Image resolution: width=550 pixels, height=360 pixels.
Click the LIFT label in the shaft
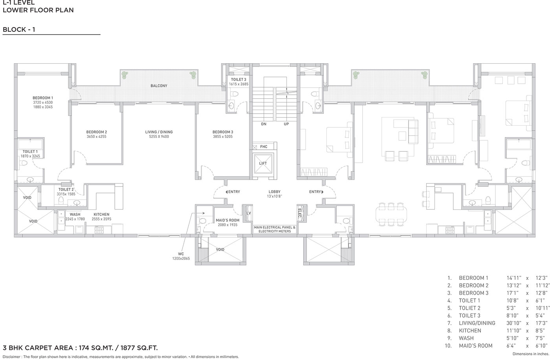263,163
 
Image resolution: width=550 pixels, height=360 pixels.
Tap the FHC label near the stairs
264,147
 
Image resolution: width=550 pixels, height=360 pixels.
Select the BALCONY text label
159,86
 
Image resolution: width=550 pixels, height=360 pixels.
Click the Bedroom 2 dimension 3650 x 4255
97,136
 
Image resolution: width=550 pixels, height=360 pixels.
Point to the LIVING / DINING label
159,132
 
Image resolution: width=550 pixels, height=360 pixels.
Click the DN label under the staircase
264,124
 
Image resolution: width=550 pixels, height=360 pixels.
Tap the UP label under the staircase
286,124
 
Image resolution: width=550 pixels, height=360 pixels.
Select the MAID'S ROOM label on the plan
227,220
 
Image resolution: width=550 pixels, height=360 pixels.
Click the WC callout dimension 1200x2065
181,258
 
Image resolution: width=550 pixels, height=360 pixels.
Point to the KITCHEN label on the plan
101,214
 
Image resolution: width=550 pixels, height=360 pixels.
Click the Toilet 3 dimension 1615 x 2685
239,84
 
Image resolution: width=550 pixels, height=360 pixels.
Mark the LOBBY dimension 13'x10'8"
275,196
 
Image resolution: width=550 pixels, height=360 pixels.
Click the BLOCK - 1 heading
19,29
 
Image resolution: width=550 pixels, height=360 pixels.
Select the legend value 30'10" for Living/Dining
513,323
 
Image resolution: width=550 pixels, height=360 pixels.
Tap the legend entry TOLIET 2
469,308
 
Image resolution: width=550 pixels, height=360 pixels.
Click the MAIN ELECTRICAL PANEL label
275,228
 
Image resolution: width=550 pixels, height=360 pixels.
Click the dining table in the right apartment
391,214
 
